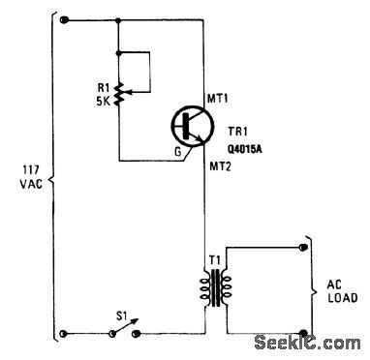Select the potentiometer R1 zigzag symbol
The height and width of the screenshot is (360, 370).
[117, 93]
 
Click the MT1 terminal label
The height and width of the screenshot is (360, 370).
[222, 97]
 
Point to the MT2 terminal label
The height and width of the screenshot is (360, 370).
[222, 165]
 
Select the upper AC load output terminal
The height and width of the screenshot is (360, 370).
[306, 249]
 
